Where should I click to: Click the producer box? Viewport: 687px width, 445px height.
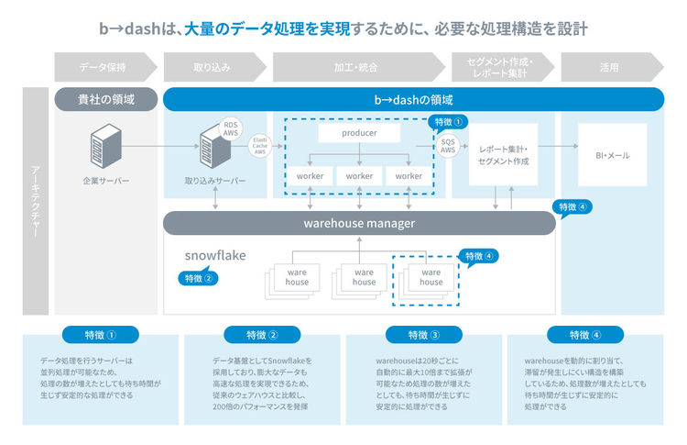click(359, 134)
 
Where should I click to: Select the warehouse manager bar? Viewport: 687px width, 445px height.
click(359, 223)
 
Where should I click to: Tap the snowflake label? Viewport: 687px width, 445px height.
click(215, 254)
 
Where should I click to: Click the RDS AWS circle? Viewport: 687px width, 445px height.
click(231, 130)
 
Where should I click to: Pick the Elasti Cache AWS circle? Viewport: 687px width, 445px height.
click(260, 145)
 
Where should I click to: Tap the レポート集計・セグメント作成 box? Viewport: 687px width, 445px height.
click(503, 155)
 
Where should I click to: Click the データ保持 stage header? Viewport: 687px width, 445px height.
click(103, 67)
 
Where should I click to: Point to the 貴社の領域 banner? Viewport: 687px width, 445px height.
click(105, 99)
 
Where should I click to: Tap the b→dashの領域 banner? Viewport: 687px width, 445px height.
click(413, 99)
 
